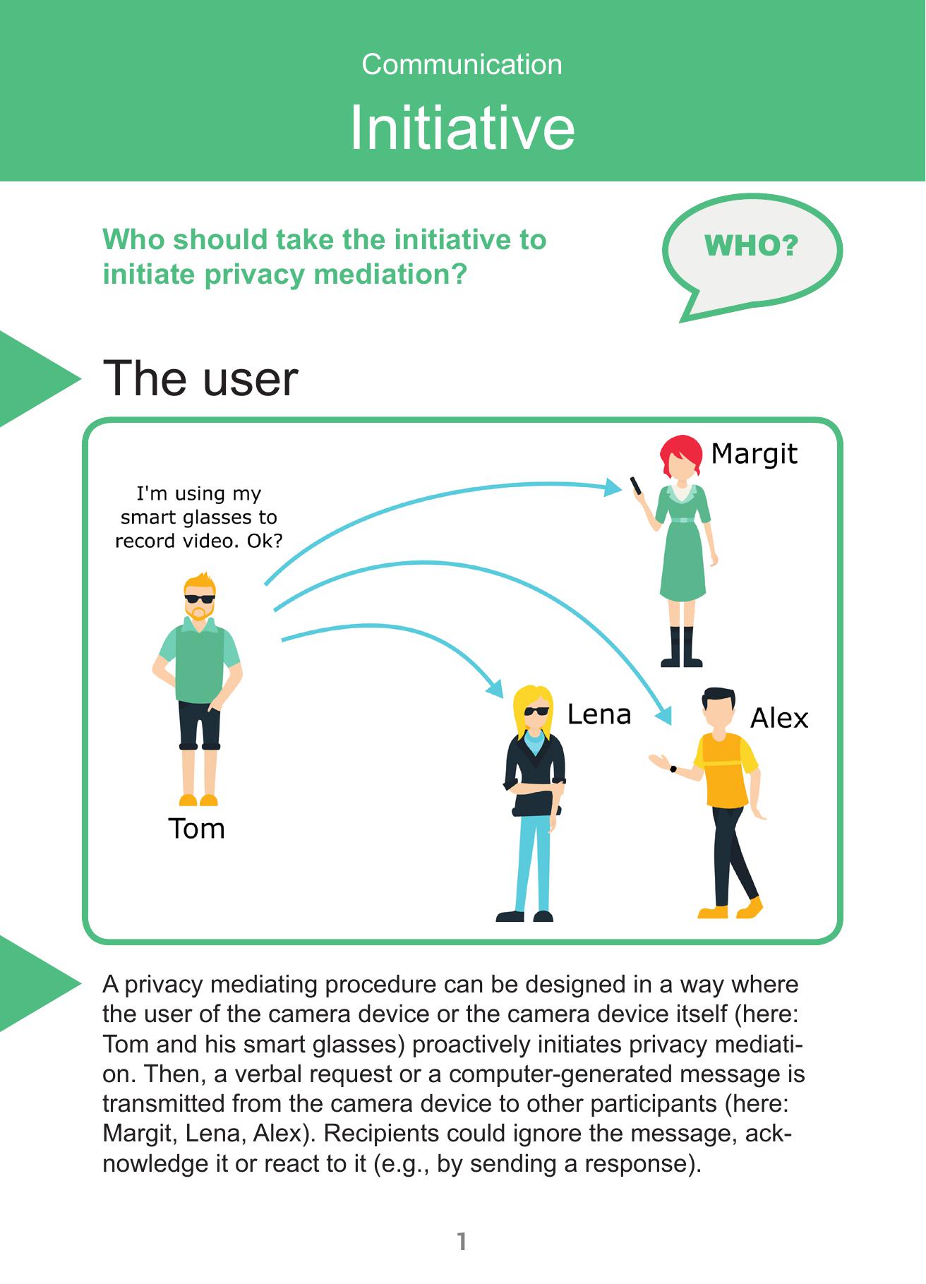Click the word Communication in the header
pyautogui.click(x=462, y=65)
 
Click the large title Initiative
pyautogui.click(x=462, y=128)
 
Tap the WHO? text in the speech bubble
pyautogui.click(x=751, y=246)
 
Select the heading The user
pyautogui.click(x=200, y=379)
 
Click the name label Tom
pyautogui.click(x=196, y=829)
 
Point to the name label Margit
pyautogui.click(x=754, y=454)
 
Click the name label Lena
pyautogui.click(x=599, y=714)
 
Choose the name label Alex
pyautogui.click(x=779, y=719)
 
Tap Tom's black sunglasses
pyautogui.click(x=200, y=599)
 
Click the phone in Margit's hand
pyautogui.click(x=636, y=486)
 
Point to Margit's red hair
pyautogui.click(x=680, y=452)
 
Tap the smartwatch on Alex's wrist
pyautogui.click(x=673, y=769)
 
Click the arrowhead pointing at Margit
pyautogui.click(x=613, y=486)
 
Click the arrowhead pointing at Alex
pyautogui.click(x=664, y=715)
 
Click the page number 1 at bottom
pyautogui.click(x=462, y=1242)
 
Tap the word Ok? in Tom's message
pyautogui.click(x=265, y=541)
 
